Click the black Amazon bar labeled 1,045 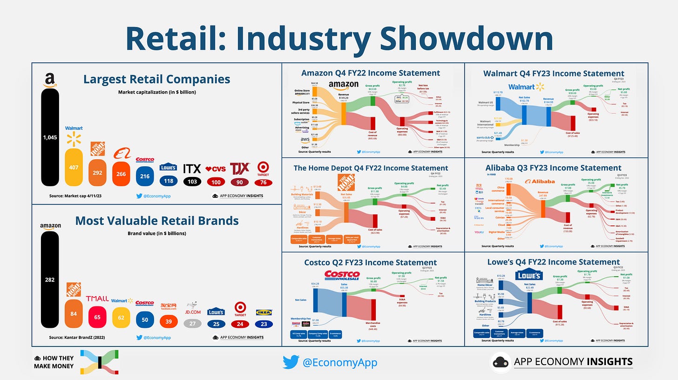(50, 137)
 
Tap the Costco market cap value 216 (144, 176)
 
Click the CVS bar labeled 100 (217, 182)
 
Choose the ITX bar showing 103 (192, 182)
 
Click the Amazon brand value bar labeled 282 (50, 279)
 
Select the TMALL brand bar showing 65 (97, 316)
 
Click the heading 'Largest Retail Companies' (156, 79)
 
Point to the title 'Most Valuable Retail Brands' (156, 220)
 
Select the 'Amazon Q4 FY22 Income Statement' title (371, 73)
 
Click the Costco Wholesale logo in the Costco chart (342, 275)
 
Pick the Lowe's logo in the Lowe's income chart (529, 276)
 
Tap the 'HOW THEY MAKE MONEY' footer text (54, 362)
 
